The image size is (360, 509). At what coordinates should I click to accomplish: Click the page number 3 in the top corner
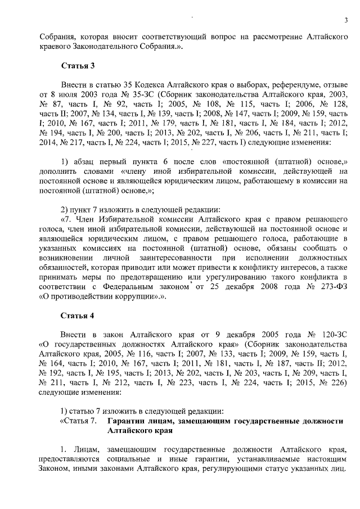point(346,21)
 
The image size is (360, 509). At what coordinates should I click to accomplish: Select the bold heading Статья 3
point(77,65)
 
